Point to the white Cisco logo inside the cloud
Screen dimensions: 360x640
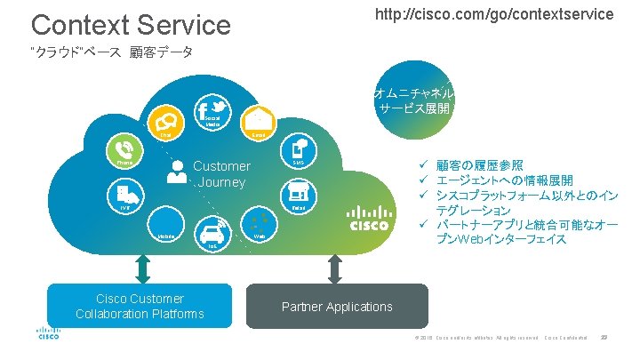pyautogui.click(x=367, y=219)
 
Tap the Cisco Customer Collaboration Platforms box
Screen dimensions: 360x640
pyautogui.click(x=140, y=306)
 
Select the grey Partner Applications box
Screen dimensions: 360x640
pyautogui.click(x=337, y=307)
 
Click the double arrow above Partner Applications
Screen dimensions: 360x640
pyautogui.click(x=335, y=267)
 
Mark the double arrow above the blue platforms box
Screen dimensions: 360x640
pyautogui.click(x=140, y=267)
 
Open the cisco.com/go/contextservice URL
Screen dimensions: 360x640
pyautogui.click(x=493, y=14)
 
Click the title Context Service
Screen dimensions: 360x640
pyautogui.click(x=131, y=24)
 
